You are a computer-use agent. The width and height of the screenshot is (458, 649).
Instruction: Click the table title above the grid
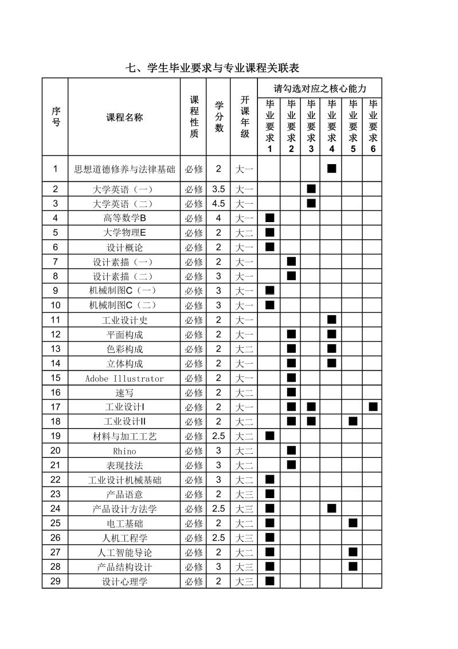pos(213,68)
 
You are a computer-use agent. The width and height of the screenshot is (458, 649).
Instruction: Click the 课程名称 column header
pos(124,118)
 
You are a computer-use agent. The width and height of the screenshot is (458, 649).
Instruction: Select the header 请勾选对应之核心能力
pos(319,88)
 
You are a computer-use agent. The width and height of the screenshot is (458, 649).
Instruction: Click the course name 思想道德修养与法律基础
pos(124,169)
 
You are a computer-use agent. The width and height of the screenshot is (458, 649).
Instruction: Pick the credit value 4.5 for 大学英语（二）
pos(218,204)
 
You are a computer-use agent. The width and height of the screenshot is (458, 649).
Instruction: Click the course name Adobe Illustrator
pos(124,379)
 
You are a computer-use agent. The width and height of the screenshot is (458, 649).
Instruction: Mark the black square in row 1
pos(331,169)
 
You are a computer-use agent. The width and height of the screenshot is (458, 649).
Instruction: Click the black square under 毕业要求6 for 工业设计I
pos(373,407)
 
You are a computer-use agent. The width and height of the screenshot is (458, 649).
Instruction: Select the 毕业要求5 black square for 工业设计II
pos(353,421)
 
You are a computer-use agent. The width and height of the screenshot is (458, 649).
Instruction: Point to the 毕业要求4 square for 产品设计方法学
pos(331,508)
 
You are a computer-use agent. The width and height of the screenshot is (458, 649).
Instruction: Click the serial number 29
pos(55,581)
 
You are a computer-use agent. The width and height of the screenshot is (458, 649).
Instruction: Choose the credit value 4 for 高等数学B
pos(218,218)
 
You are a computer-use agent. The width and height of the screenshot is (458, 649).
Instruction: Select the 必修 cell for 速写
pos(194,393)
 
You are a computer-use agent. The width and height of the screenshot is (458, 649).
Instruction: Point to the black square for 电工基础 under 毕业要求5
pos(353,523)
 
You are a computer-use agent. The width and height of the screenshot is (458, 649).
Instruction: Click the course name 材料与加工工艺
pos(124,437)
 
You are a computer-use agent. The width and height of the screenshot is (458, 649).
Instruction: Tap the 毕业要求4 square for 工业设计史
pos(331,320)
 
